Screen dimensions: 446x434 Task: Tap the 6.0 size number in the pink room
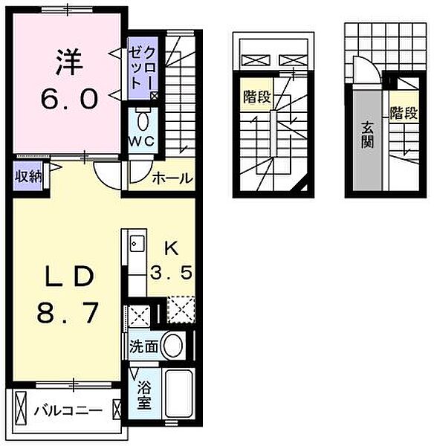[68, 99]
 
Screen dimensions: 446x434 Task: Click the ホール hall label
[172, 178]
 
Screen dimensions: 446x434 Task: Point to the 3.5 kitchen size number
[172, 273]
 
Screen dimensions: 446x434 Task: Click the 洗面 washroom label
[142, 346]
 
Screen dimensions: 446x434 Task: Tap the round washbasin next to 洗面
[172, 346]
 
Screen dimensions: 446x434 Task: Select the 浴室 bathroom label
[143, 395]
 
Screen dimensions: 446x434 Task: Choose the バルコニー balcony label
[65, 410]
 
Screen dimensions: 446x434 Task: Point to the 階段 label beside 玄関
[401, 114]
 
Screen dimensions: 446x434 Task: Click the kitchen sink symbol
[135, 243]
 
